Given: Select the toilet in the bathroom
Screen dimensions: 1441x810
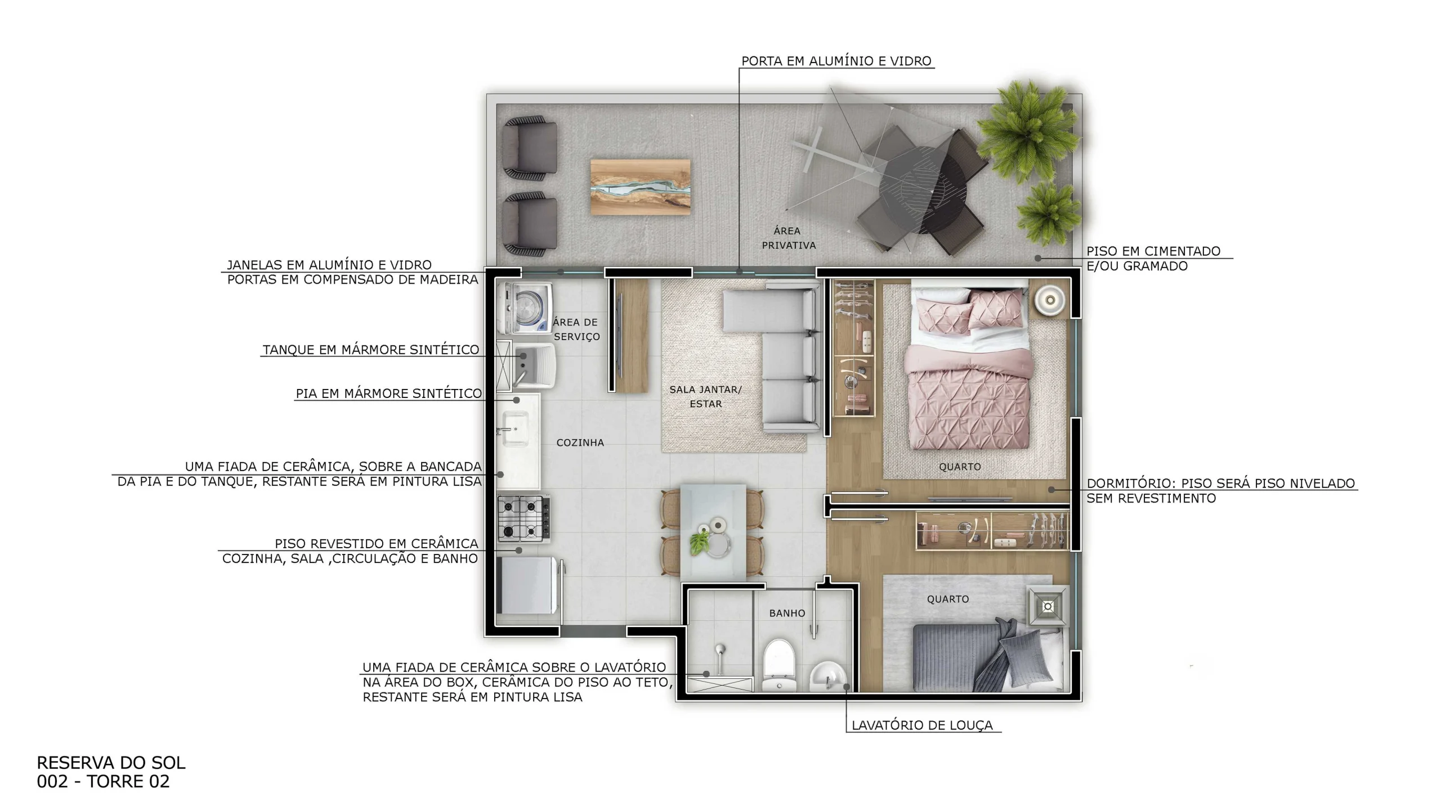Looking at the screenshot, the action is pyautogui.click(x=779, y=665).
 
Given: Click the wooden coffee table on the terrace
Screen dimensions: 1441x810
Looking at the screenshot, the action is pyautogui.click(x=640, y=186).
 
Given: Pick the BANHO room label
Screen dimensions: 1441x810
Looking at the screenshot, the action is pyautogui.click(x=787, y=613).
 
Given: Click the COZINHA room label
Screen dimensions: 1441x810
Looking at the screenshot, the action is pyautogui.click(x=580, y=442).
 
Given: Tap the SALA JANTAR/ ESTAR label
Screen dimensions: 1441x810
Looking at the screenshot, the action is pyautogui.click(x=705, y=396).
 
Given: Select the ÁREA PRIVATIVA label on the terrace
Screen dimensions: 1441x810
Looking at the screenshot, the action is pyautogui.click(x=788, y=238).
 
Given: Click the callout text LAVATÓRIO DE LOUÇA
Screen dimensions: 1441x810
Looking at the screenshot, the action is pyautogui.click(x=922, y=725).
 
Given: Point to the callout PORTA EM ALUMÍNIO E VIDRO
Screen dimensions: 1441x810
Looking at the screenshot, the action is pyautogui.click(x=836, y=61).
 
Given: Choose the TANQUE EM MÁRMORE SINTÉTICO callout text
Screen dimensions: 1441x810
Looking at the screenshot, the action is pyautogui.click(x=371, y=350).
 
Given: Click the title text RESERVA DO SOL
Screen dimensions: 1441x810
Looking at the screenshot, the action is pyautogui.click(x=111, y=763).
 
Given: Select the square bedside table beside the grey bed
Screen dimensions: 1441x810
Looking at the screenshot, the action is pyautogui.click(x=1047, y=606).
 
